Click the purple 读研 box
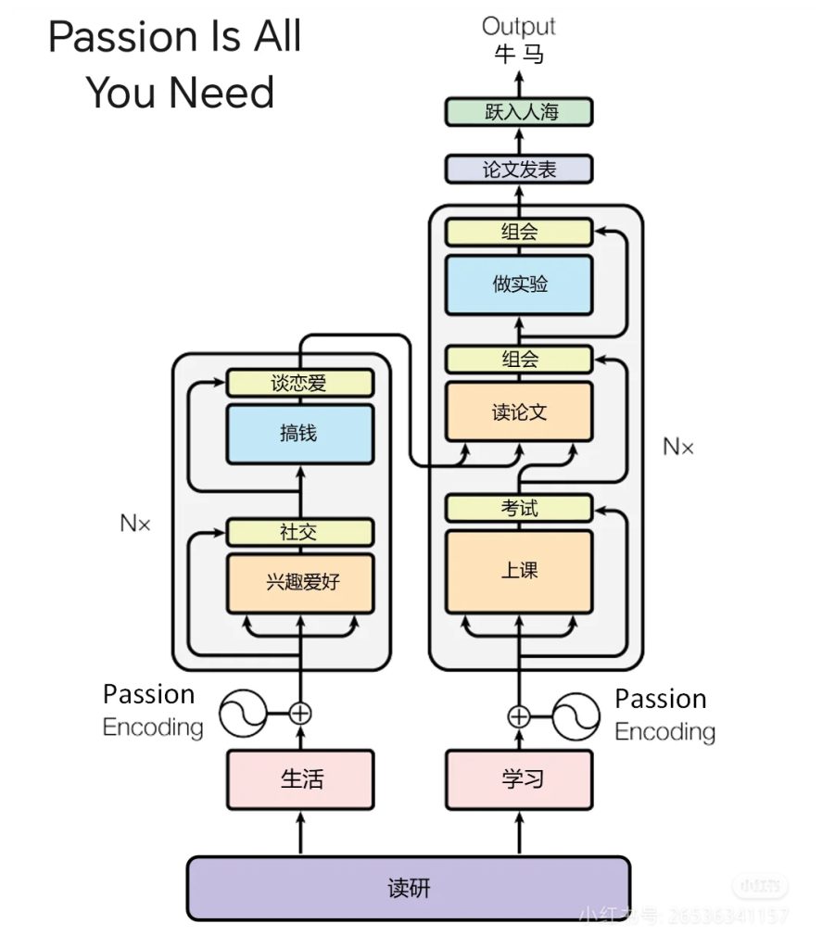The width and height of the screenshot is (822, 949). pos(409,888)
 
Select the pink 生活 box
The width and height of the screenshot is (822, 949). pos(300,778)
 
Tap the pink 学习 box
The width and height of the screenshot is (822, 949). pos(519,778)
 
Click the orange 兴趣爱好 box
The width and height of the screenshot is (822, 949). pos(300,583)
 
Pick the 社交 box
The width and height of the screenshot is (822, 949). pos(300,532)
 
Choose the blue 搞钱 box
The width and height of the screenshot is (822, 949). pos(300,434)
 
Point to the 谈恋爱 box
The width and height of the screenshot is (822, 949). pos(300,383)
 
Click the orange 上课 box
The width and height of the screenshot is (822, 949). pos(519,571)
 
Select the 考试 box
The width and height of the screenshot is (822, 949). pos(519,508)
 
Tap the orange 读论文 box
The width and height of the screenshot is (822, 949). pos(519,411)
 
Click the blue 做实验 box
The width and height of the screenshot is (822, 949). pos(519,284)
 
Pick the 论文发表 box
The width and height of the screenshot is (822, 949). pos(519,169)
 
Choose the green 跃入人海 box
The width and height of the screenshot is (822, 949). pos(519,112)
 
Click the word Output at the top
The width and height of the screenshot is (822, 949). pos(518,26)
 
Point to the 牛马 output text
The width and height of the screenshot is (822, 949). pos(518,55)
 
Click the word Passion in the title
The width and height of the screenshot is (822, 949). pos(120,38)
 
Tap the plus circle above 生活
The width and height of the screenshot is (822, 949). pos(300,713)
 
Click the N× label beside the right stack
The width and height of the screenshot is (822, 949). pos(677,447)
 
